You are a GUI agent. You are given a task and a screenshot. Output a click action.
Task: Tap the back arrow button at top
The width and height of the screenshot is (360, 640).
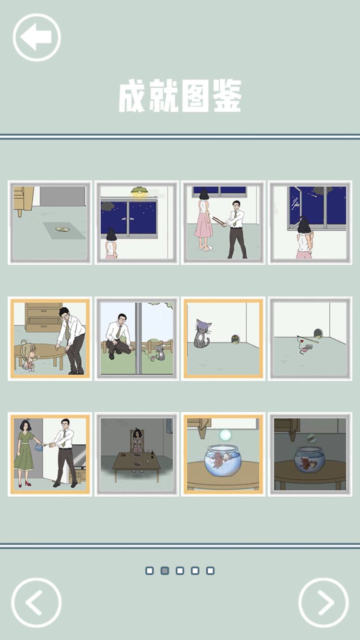[36, 37]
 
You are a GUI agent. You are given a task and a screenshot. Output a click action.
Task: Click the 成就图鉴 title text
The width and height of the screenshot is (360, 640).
[180, 96]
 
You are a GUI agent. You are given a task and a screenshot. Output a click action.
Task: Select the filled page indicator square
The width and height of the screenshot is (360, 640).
[165, 570]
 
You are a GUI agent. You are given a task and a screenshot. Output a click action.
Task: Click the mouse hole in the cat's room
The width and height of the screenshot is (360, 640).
[236, 339]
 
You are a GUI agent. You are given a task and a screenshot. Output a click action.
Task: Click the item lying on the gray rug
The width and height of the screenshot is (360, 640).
[62, 229]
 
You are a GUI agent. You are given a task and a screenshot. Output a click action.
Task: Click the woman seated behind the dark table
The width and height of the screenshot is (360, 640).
[138, 441]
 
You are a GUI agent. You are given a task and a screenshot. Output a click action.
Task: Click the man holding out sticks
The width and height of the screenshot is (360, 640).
[235, 229]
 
